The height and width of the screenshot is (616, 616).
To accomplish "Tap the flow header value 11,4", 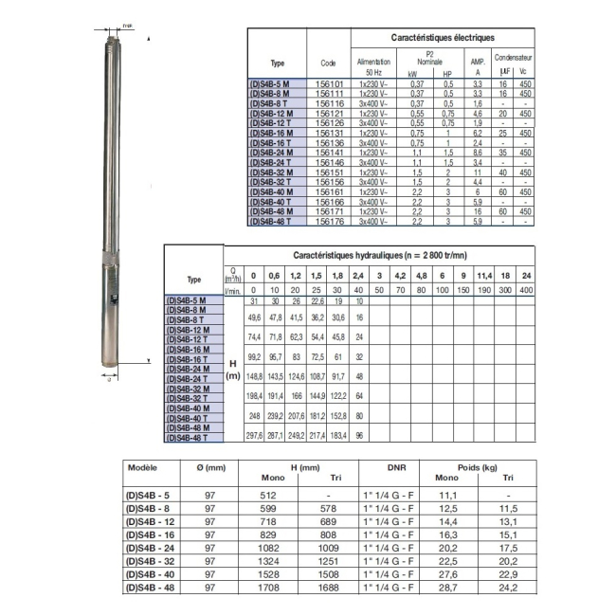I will coord(485,275).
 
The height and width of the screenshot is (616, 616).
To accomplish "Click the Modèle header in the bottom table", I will coord(142,467).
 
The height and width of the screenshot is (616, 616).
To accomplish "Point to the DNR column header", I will coord(396,467).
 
